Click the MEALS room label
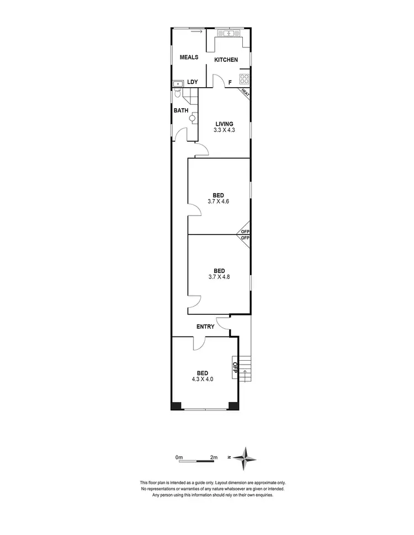tap(188, 57)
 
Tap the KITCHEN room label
tap(226, 60)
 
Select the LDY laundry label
tap(192, 82)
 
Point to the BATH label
tap(181, 110)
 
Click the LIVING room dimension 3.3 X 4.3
tap(224, 130)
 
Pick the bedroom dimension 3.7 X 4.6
tap(219, 201)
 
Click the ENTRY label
tap(205, 327)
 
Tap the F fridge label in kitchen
tap(230, 83)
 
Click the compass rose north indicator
tap(246, 457)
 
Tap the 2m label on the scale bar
tap(214, 457)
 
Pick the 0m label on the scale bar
tap(178, 457)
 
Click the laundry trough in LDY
tap(178, 84)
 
